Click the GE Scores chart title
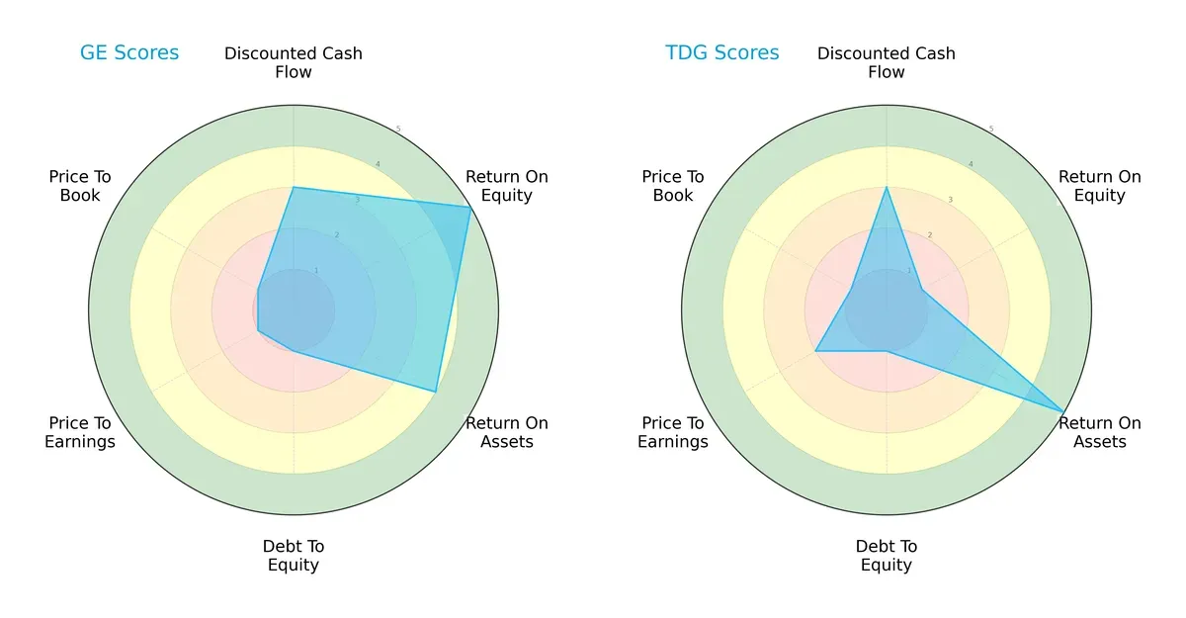[x=129, y=53]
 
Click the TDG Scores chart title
[x=721, y=53]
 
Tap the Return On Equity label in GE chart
[x=506, y=186]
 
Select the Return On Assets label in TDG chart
[x=1099, y=432]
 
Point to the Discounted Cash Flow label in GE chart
[x=294, y=62]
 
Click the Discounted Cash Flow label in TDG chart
[x=887, y=62]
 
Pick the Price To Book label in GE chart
[x=80, y=186]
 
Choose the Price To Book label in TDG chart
[x=673, y=186]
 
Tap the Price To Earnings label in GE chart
[x=80, y=432]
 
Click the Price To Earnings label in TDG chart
[x=673, y=432]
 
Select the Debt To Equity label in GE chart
[x=294, y=556]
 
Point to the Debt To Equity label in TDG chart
[x=887, y=556]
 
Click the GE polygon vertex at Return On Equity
[x=470, y=207]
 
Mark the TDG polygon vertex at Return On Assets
[x=1063, y=411]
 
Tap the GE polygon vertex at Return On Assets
[x=436, y=392]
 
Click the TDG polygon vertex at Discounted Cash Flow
[x=887, y=187]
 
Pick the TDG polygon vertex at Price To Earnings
[x=815, y=351]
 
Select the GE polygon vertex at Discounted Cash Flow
[x=294, y=187]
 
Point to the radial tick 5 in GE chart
[x=398, y=129]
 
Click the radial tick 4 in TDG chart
[x=971, y=164]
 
